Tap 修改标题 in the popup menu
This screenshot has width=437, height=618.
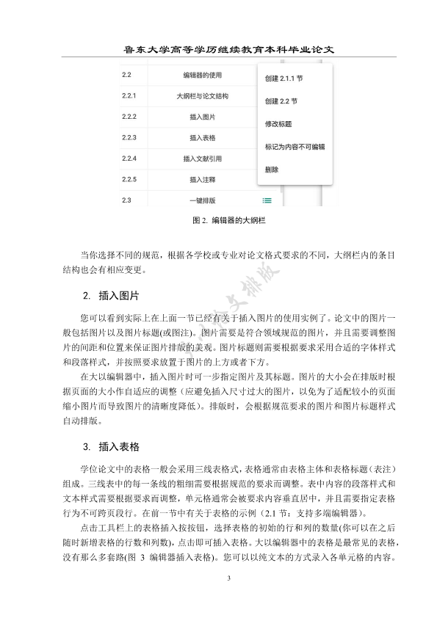click(x=278, y=124)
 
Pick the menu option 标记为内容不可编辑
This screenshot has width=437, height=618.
click(x=294, y=147)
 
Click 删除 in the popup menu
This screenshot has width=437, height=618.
click(x=271, y=170)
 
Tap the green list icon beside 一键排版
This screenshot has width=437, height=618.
click(x=267, y=200)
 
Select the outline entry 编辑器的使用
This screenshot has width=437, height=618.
click(x=202, y=75)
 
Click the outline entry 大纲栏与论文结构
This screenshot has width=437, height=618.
click(x=202, y=95)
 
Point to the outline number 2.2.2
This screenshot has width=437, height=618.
click(x=130, y=117)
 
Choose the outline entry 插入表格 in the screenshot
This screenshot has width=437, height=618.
click(x=202, y=137)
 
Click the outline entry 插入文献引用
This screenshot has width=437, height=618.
click(x=202, y=159)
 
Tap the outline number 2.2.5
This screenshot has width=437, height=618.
click(x=130, y=179)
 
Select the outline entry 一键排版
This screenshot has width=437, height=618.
click(x=202, y=200)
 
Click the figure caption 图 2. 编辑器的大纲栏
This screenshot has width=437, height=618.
click(x=218, y=219)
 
